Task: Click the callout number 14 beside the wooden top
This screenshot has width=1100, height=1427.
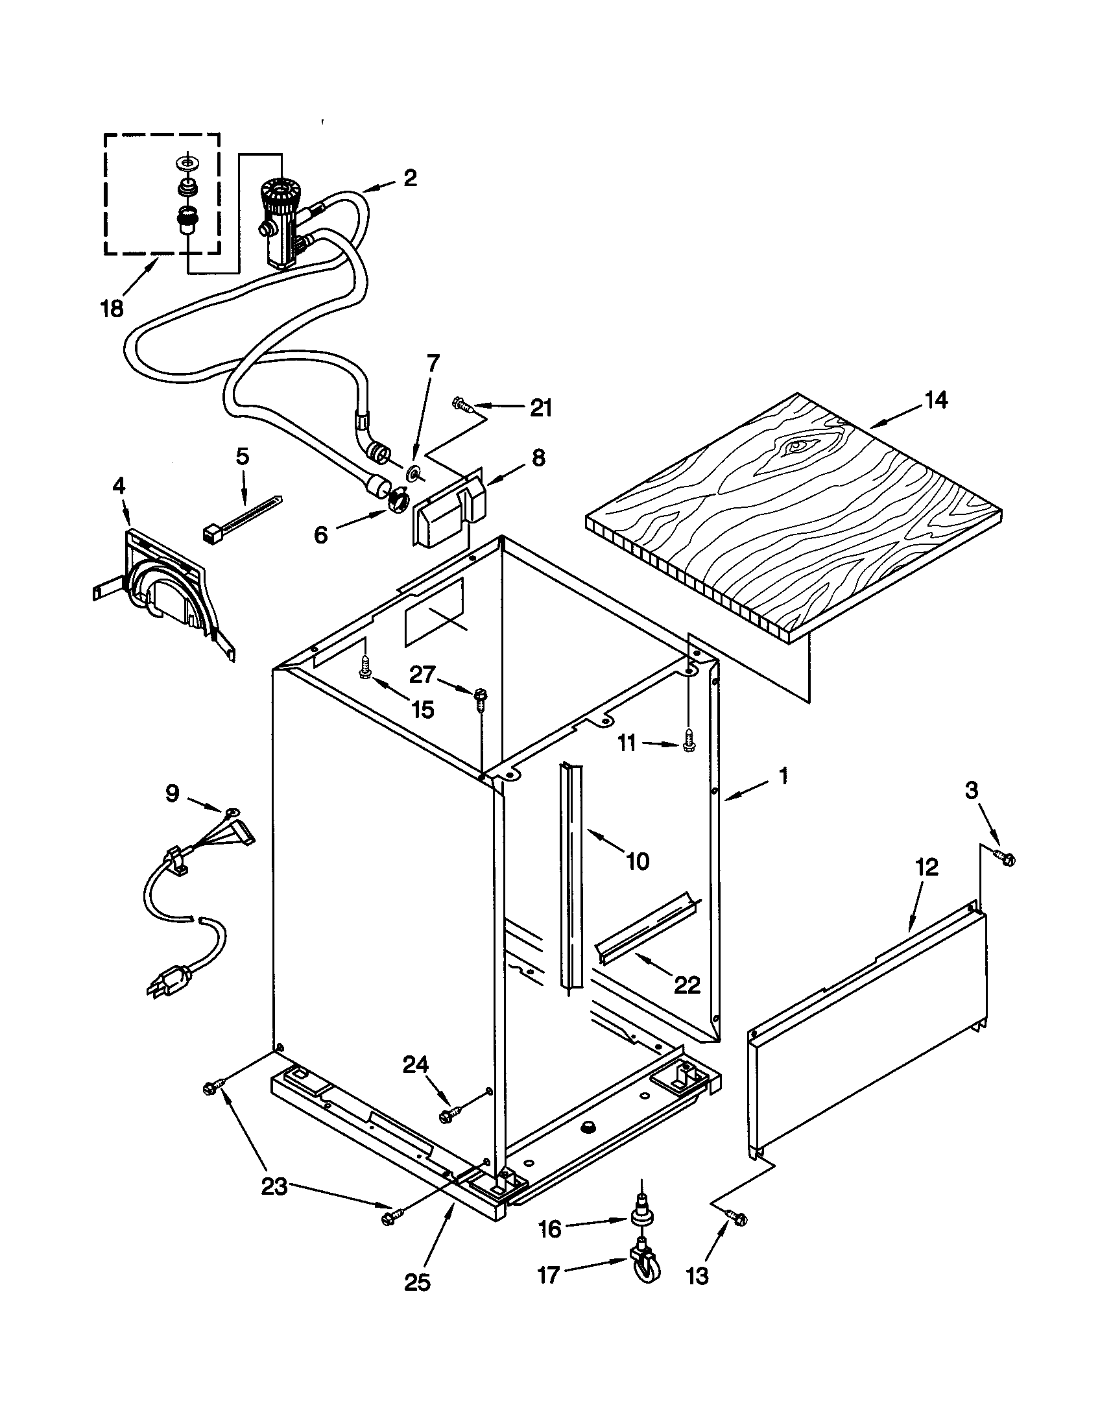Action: point(936,399)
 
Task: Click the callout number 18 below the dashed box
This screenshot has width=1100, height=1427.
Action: point(112,308)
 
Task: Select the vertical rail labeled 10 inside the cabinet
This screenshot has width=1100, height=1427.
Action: point(568,876)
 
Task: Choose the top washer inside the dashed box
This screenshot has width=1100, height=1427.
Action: point(188,161)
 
